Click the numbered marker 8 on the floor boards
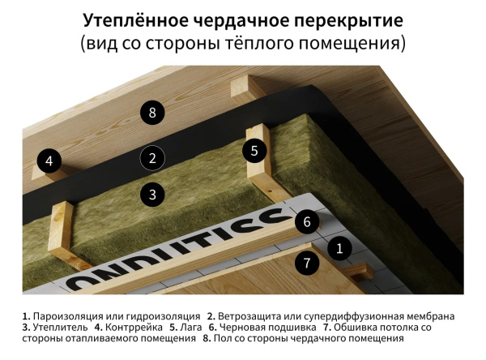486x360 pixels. point(151,113)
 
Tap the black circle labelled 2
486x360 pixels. point(151,158)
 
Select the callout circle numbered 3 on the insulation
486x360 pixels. point(151,194)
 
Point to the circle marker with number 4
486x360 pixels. point(49,161)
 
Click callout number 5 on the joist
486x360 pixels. point(254,150)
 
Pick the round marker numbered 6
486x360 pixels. point(305,220)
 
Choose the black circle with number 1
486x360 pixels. point(305,263)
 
